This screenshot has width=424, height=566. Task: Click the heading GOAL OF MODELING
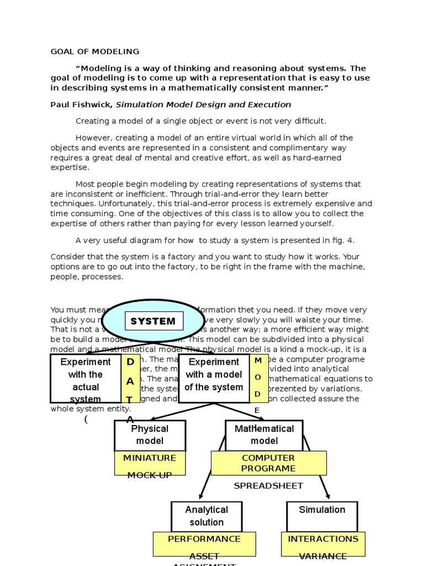95,52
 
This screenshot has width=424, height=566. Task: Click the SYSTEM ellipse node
153,321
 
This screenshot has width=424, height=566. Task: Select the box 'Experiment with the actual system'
86,379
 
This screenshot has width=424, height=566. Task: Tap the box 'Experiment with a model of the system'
214,375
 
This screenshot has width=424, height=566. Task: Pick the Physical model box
150,435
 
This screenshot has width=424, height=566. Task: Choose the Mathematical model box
264,435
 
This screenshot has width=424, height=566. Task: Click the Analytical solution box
206,516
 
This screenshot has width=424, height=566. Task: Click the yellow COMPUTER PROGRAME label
268,463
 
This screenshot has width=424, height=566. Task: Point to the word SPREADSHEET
268,486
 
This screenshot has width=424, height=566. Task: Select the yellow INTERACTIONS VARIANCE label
323,544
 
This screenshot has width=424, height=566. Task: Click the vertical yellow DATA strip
130,379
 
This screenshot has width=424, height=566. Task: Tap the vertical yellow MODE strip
258,379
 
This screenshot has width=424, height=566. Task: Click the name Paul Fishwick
81,104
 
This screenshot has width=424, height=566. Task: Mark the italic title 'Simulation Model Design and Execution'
203,104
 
